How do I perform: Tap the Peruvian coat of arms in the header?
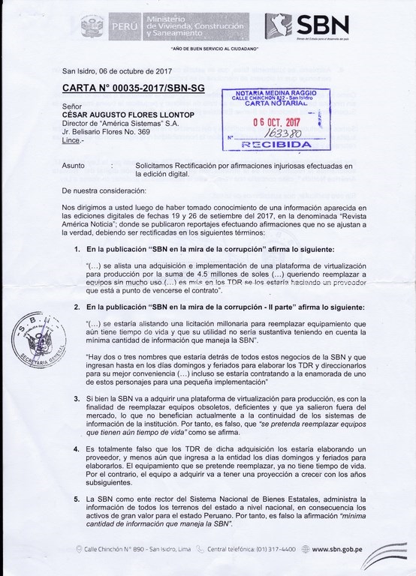click(x=94, y=25)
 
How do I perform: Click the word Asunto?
click(x=74, y=163)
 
